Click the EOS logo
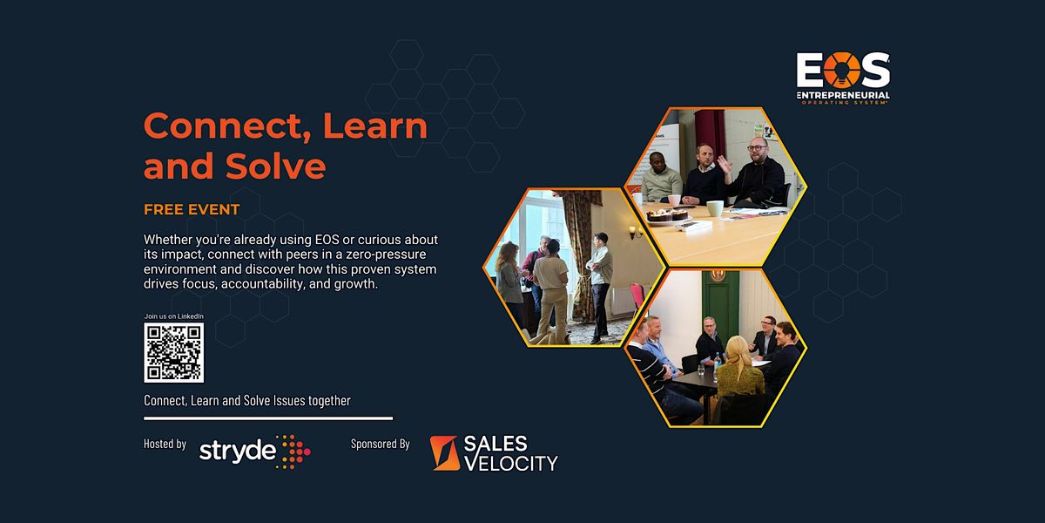(x=843, y=78)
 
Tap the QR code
(x=173, y=352)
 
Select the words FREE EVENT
(x=192, y=210)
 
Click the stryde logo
(x=254, y=452)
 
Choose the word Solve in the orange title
(x=276, y=166)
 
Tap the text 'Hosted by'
(x=165, y=444)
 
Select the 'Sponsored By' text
(x=381, y=444)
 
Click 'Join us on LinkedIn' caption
(x=173, y=316)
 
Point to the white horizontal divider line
(x=268, y=418)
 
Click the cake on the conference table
(x=667, y=215)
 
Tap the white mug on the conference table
(x=715, y=208)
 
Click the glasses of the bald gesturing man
(x=757, y=148)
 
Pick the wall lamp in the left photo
(x=635, y=232)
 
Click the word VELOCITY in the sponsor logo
(x=511, y=463)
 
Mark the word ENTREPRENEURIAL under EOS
(x=844, y=95)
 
